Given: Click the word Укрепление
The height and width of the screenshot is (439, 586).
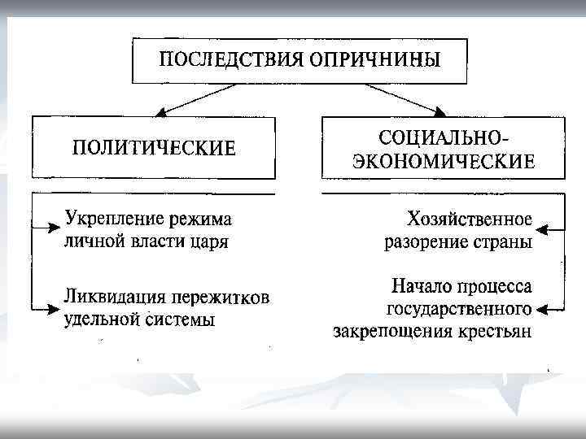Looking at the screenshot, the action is pyautogui.click(x=113, y=219).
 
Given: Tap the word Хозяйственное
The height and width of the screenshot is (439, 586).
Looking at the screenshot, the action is pyautogui.click(x=469, y=219).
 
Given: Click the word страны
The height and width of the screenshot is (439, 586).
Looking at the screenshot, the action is pyautogui.click(x=503, y=241).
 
